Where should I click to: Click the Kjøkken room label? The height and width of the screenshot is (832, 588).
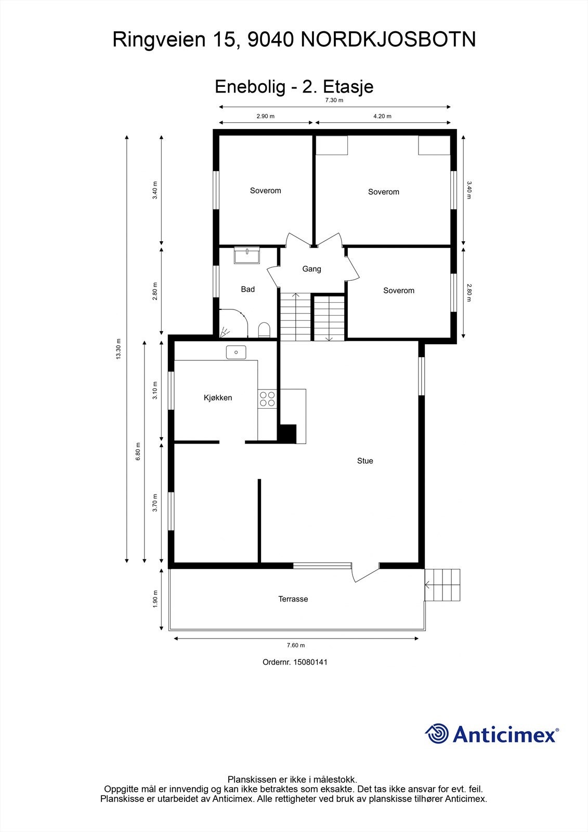217,398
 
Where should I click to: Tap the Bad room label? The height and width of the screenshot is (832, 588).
247,289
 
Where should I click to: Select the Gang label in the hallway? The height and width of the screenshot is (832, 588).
311,269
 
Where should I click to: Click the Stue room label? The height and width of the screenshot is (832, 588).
365,461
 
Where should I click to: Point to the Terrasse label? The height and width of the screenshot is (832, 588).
293,599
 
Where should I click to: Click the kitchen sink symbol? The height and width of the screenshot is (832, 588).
236,353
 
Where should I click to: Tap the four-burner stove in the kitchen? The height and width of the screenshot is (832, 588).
267,399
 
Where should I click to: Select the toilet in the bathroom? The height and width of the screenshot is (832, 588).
264,330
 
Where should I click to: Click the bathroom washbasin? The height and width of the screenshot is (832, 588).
246,255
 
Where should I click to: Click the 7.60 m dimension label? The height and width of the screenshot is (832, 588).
296,645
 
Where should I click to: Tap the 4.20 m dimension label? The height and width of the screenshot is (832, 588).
382,116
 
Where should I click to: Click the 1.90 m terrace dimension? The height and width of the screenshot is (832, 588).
154,599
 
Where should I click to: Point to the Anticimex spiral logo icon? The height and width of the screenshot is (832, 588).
437,734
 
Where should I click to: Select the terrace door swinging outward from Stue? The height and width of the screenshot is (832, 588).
365,573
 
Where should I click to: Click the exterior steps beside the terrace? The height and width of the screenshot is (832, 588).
442,585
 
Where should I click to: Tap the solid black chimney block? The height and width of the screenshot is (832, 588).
287,434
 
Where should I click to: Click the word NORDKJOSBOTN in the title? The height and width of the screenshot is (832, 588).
388,40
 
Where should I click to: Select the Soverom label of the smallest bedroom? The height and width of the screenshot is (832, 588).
399,291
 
